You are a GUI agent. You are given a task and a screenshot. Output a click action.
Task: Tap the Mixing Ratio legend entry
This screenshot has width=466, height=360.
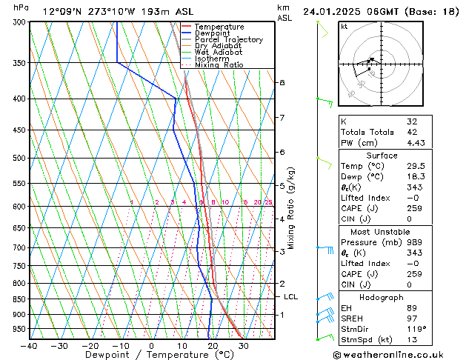[x=219, y=65]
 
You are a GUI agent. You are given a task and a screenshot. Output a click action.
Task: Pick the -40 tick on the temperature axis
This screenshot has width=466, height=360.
[x=30, y=346]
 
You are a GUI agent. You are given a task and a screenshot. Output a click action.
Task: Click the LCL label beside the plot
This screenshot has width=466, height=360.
[x=291, y=297]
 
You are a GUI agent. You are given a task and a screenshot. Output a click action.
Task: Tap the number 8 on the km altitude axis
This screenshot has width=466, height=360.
[x=282, y=82]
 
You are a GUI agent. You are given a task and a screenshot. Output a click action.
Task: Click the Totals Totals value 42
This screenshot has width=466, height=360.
[x=412, y=132]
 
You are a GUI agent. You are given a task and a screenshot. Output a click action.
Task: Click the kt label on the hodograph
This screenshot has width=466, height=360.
[x=344, y=27]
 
